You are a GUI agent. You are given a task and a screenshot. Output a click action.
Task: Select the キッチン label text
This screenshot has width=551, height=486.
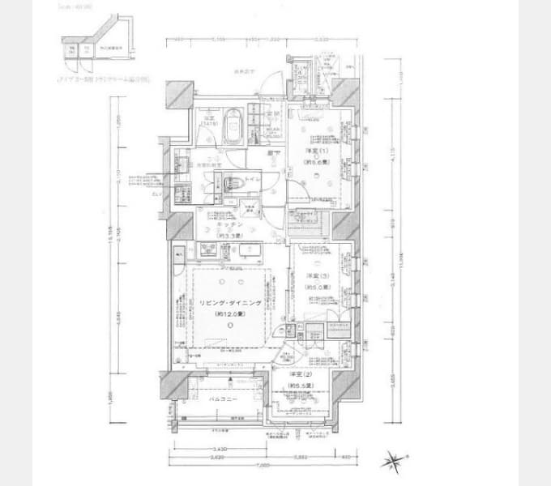pos(215,224)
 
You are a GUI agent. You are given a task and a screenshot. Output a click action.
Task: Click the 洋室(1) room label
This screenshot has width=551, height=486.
pos(314,151)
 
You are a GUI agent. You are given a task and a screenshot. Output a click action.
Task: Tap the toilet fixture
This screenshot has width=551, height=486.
pos(229,181)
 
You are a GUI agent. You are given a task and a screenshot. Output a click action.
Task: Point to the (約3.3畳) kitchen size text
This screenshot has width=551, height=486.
pos(215,235)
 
